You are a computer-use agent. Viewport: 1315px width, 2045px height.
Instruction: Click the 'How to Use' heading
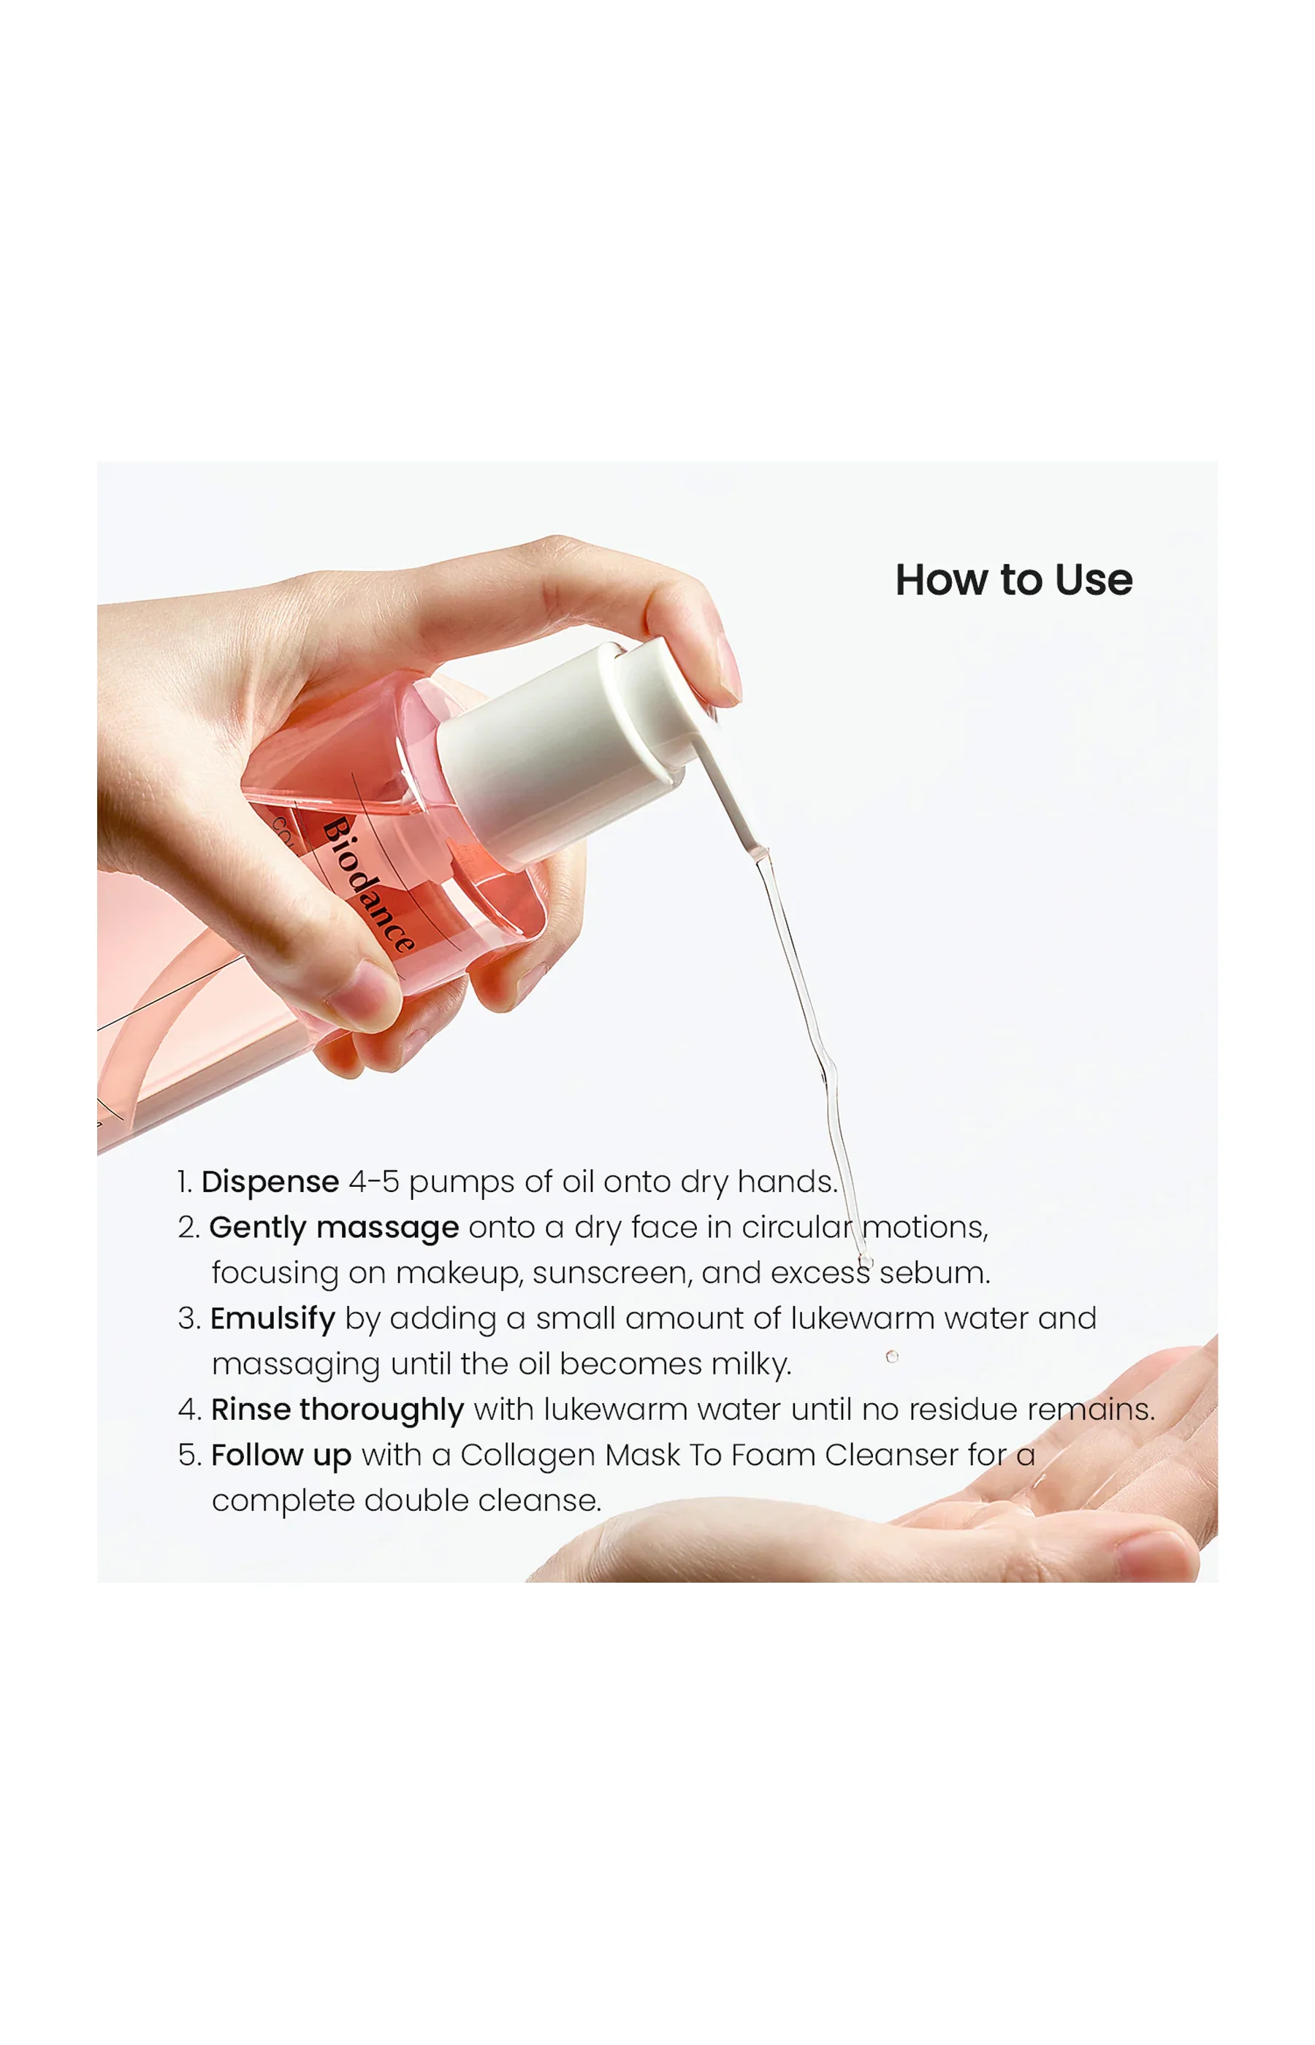1013,581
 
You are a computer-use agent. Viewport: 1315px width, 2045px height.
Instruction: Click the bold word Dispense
270,1182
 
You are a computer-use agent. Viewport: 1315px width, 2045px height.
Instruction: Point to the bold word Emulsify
272,1319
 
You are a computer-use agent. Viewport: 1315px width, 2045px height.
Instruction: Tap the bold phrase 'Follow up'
281,1455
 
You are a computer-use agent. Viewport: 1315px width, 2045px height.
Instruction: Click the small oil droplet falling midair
891,1356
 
